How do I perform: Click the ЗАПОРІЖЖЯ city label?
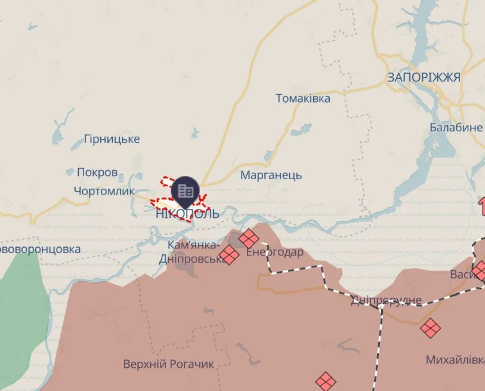coord(424,78)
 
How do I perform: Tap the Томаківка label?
coord(302,98)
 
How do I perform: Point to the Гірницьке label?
coord(112,139)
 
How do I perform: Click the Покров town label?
coord(97,173)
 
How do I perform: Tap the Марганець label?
coord(271,176)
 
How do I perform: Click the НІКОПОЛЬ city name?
coord(187,214)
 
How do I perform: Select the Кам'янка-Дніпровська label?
coord(193,253)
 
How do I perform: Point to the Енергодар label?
coord(274,253)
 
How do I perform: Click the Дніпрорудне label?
coord(386,300)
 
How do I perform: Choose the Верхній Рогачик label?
coord(168,364)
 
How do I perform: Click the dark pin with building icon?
coord(186,190)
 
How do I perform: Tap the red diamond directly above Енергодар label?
coord(249,239)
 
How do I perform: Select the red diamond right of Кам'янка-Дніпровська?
coord(228,255)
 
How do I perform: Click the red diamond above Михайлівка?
coord(430,328)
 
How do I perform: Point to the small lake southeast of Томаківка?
coord(302,130)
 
